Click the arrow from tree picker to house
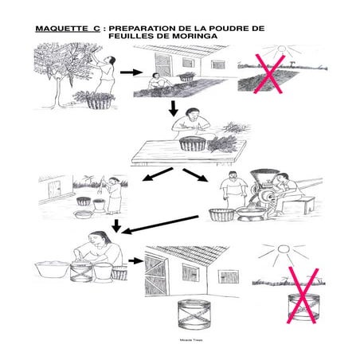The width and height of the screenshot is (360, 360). [x=127, y=72]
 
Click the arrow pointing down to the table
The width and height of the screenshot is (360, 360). [x=173, y=108]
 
